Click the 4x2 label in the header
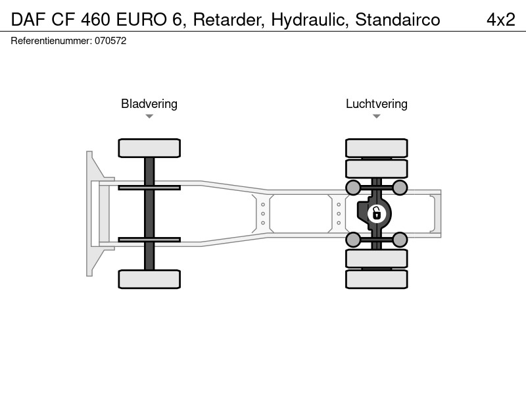coord(500,20)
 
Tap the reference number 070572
coord(110,41)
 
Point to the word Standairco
coord(398,20)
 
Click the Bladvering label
coord(149,104)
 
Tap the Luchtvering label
coord(377,104)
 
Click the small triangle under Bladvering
coord(149,117)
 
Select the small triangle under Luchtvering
coord(376,117)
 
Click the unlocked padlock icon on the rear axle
coord(377,213)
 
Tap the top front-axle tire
coord(149,148)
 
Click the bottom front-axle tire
coord(149,279)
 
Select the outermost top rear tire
coord(377,148)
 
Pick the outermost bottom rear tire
coord(377,279)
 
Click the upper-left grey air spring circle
coord(353,188)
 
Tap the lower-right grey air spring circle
coord(400,240)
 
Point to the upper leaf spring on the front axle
coord(149,188)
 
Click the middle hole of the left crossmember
coord(263,213)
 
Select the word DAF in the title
coord(28,20)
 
